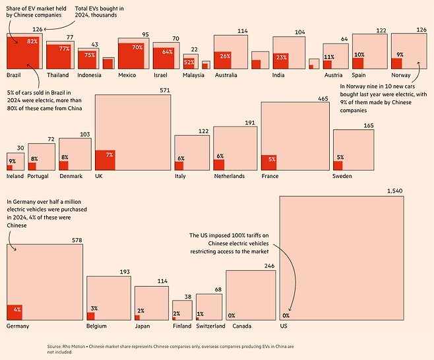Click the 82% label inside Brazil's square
(32, 42)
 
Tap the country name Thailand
(57, 75)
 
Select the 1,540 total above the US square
(393, 191)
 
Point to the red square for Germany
(14, 313)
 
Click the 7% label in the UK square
(109, 154)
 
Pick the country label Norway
(401, 75)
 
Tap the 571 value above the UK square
(165, 90)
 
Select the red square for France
(268, 163)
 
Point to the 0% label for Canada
(232, 316)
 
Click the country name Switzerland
(211, 326)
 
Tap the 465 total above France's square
(323, 98)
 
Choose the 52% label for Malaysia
(189, 62)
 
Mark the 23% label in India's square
(282, 57)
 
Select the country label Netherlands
(229, 176)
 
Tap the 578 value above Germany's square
(77, 241)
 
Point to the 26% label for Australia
(225, 56)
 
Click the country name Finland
(182, 326)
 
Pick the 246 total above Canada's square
(269, 266)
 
